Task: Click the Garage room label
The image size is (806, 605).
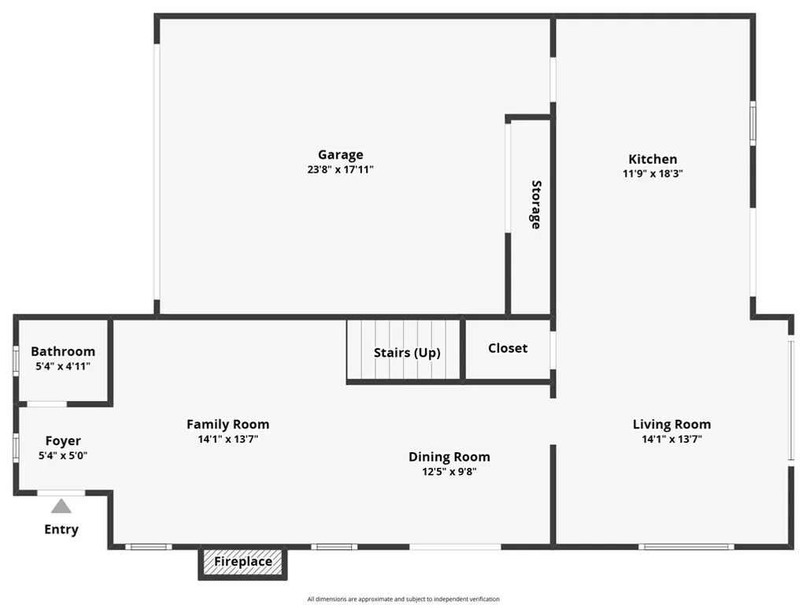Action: click(340, 155)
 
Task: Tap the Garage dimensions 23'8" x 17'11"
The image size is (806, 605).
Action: click(340, 169)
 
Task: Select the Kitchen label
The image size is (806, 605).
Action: click(652, 159)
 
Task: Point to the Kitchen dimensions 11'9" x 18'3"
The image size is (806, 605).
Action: click(652, 173)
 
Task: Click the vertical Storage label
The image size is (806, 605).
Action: click(536, 204)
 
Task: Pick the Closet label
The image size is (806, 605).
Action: click(508, 348)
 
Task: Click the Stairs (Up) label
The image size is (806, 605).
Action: click(406, 353)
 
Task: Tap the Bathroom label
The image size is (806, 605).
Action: click(63, 351)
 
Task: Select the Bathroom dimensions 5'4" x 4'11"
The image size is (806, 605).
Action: click(63, 366)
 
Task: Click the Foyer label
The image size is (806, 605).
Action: click(63, 441)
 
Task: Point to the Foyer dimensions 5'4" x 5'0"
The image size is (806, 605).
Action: click(63, 455)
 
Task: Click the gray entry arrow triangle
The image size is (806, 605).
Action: click(61, 507)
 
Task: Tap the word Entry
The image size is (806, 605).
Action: click(61, 529)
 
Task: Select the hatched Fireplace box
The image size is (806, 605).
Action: click(242, 562)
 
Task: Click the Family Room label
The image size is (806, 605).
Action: click(227, 425)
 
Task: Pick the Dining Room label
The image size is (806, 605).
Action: click(449, 457)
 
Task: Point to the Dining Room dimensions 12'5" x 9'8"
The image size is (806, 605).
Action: click(449, 472)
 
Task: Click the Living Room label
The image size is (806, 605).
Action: click(671, 425)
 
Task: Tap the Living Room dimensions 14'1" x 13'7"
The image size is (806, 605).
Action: click(671, 440)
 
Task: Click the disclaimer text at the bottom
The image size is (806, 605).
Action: click(403, 599)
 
